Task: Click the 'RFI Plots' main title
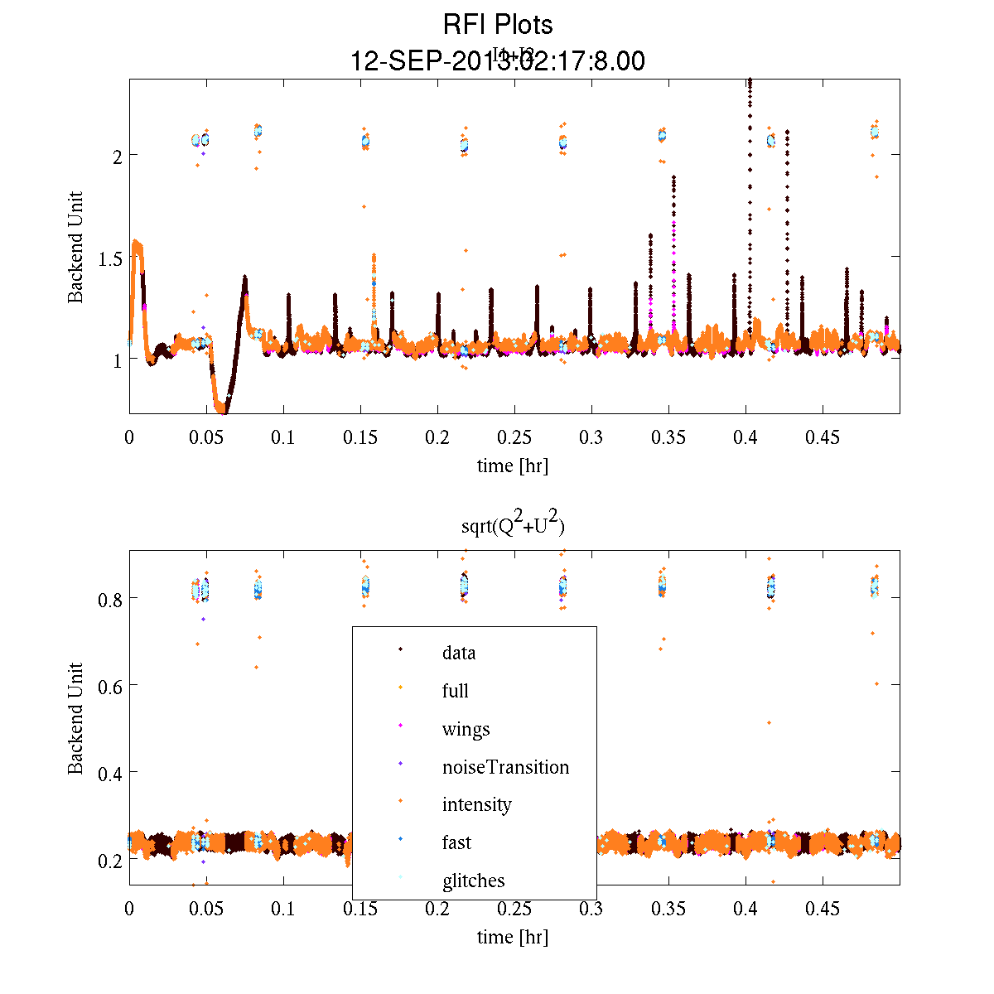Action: tap(498, 25)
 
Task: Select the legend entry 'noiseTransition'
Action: tap(505, 767)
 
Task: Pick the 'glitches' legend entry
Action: tap(473, 881)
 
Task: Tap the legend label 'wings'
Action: tap(466, 729)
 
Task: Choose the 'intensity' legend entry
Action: tap(476, 804)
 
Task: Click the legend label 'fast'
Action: tap(456, 842)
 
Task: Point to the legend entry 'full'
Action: tap(455, 691)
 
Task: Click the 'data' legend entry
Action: tap(459, 653)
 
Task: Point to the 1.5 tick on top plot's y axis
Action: tap(110, 258)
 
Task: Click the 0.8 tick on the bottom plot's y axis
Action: tap(110, 598)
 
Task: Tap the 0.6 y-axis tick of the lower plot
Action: tap(110, 685)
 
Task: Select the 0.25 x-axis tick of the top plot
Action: tap(514, 437)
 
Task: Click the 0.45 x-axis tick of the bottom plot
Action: tap(823, 909)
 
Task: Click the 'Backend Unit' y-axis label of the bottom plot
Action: tap(75, 718)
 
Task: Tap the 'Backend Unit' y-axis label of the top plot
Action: tap(75, 247)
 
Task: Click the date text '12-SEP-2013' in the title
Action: tap(427, 61)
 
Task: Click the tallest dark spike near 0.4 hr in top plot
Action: tap(750, 91)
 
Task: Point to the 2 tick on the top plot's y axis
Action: tap(118, 155)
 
